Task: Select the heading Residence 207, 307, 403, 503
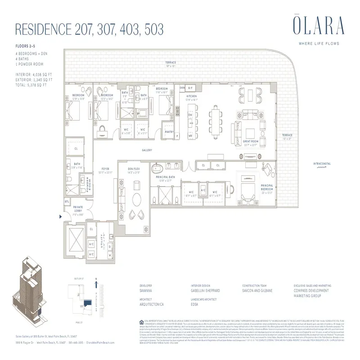[89, 30]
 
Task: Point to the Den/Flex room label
[134, 169]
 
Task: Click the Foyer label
[105, 170]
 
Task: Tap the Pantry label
[170, 132]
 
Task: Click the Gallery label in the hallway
[147, 151]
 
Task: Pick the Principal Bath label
[167, 177]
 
